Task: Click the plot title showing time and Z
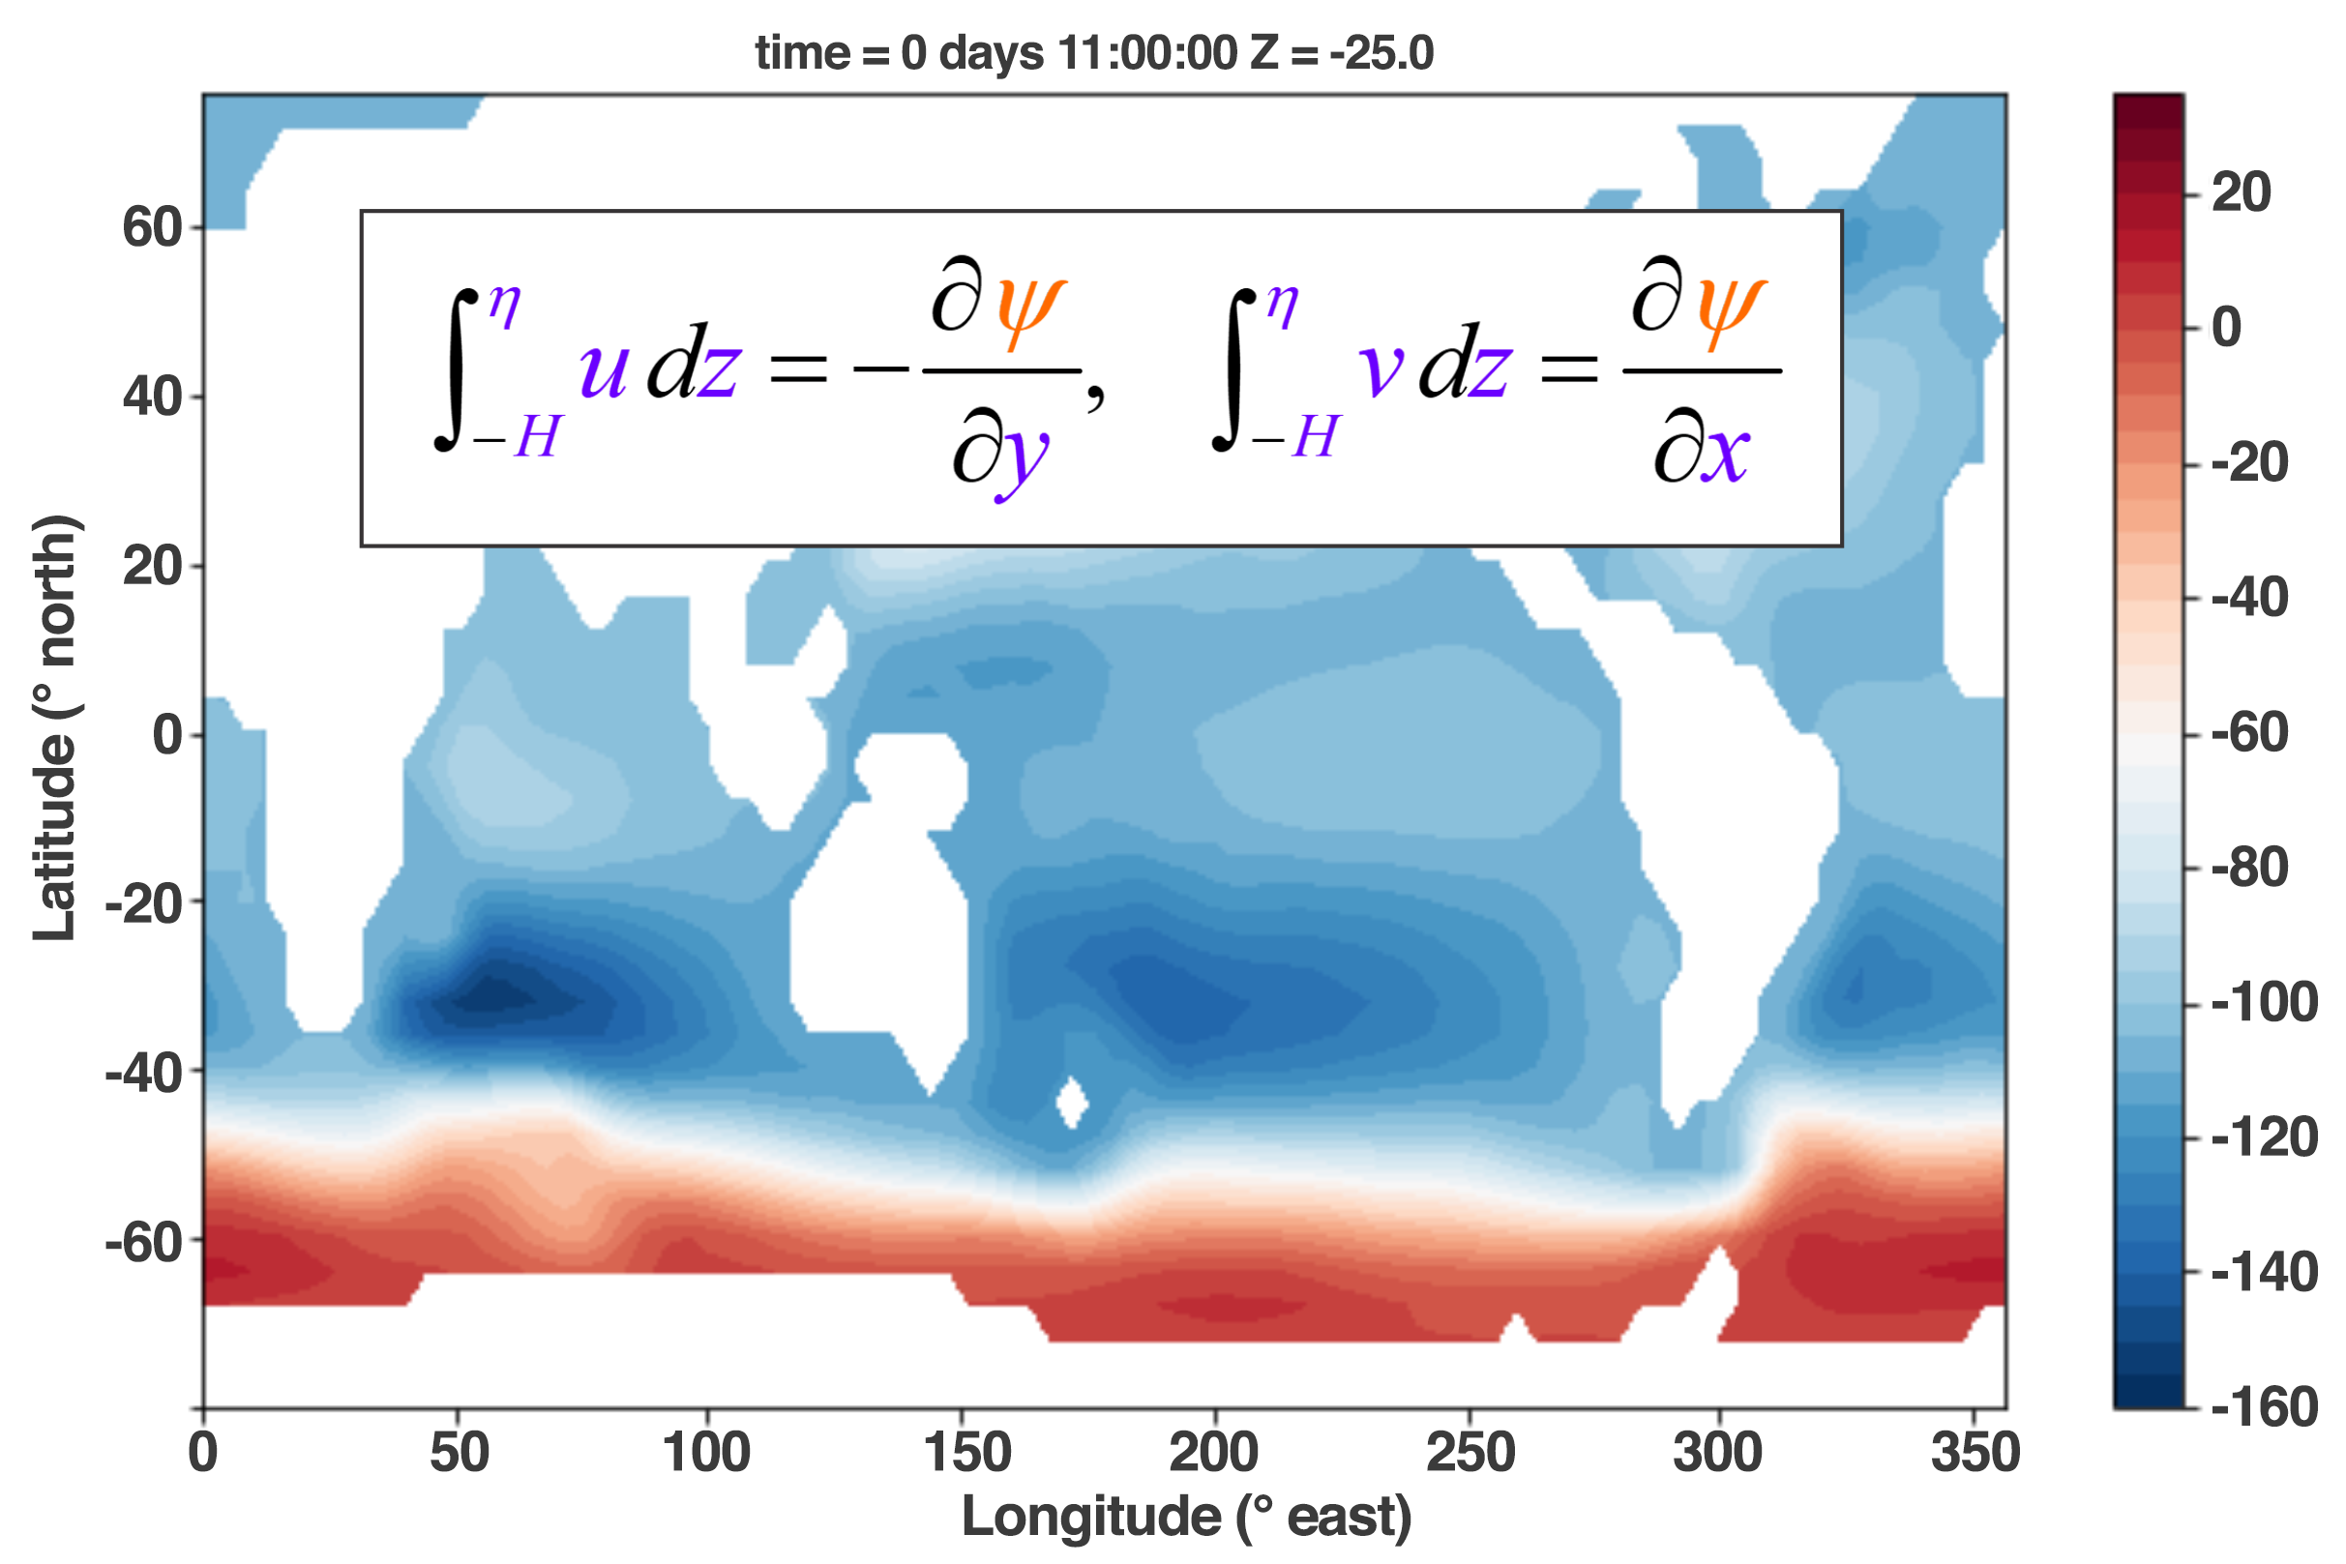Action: (x=1094, y=53)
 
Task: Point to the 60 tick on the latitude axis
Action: (x=152, y=227)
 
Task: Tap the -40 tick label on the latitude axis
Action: (x=142, y=1074)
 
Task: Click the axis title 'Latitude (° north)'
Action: (x=56, y=728)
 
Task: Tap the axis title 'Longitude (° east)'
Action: (x=1187, y=1518)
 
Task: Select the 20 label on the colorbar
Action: (x=2242, y=192)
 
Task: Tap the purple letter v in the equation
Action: (x=1381, y=371)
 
